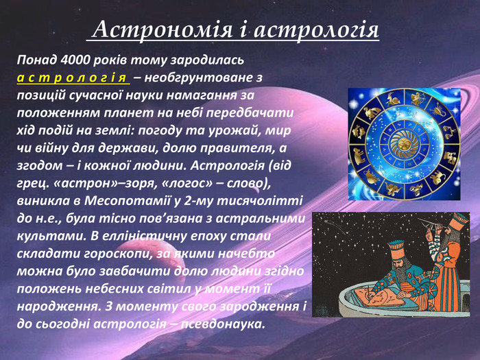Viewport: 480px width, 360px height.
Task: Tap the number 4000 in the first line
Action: pyautogui.click(x=75, y=60)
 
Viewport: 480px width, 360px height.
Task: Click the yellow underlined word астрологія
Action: pyautogui.click(x=72, y=78)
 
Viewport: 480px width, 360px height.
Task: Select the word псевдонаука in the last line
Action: pyautogui.click(x=223, y=324)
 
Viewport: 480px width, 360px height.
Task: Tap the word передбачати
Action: pyautogui.click(x=250, y=113)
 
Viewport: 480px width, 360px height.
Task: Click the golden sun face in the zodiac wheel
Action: pyautogui.click(x=404, y=143)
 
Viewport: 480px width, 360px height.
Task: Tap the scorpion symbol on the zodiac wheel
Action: pyautogui.click(x=438, y=109)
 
